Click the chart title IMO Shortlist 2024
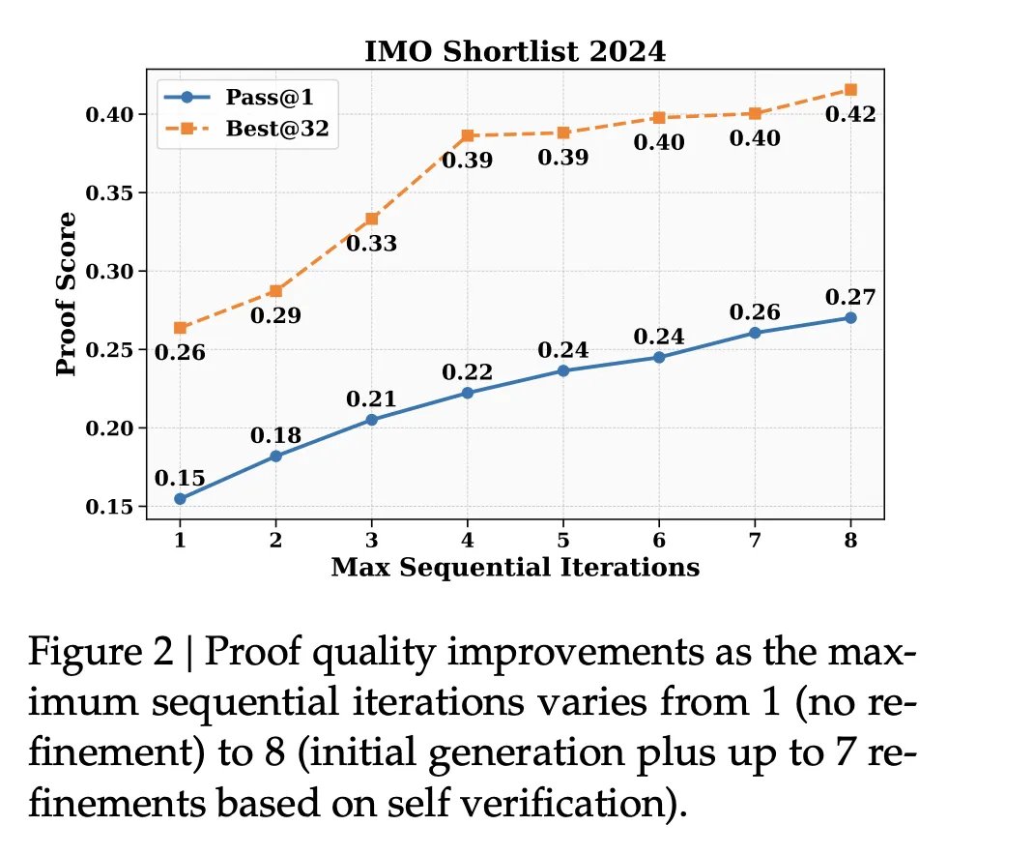[515, 52]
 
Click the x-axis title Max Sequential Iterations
[515, 568]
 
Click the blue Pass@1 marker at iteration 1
[180, 498]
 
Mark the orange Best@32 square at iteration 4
[467, 135]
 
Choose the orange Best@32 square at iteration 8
[850, 89]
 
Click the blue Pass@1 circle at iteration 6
[658, 357]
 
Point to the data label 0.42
[850, 115]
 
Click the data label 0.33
[372, 244]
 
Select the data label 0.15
[180, 478]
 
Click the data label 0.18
[276, 435]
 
